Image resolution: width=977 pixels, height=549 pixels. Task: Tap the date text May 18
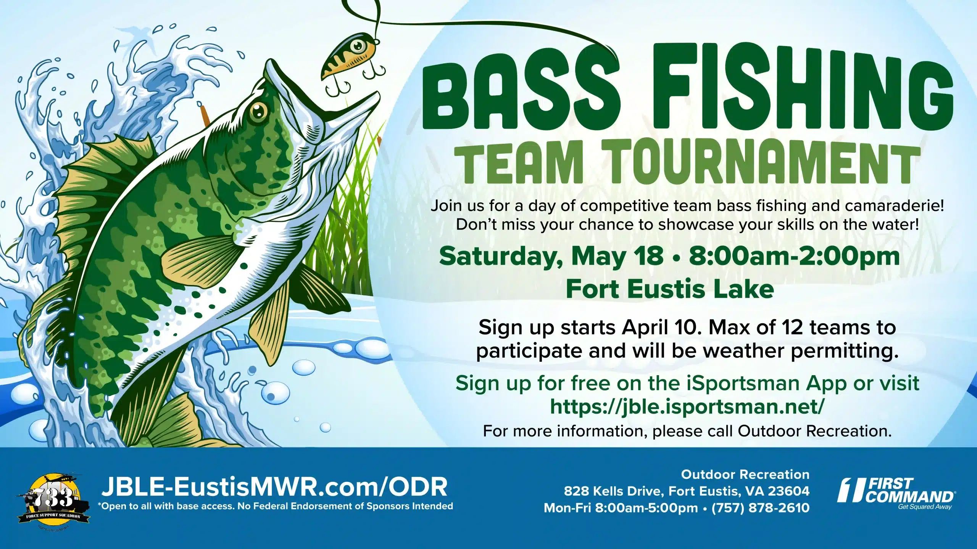click(617, 256)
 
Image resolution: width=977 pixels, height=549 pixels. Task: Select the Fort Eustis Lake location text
click(670, 289)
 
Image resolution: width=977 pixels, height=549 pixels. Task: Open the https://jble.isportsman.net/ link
click(687, 407)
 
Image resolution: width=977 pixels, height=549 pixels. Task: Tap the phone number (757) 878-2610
click(760, 508)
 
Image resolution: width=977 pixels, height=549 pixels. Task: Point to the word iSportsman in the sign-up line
click(743, 383)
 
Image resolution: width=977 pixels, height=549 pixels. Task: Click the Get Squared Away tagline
click(925, 507)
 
